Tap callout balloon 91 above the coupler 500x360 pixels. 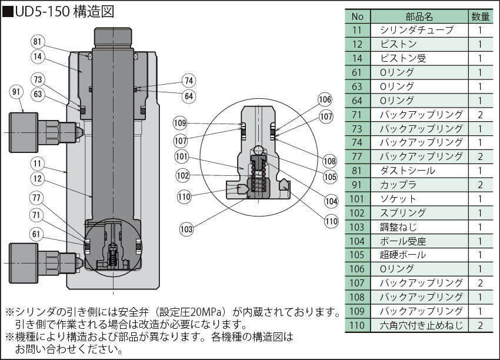click(16, 91)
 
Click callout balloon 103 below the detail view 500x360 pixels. click(187, 228)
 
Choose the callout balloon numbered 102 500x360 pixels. click(183, 175)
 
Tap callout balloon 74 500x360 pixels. click(188, 81)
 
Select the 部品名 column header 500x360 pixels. click(419, 16)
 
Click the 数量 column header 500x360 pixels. click(480, 16)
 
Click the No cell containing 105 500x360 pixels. click(358, 255)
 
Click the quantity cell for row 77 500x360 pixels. click(480, 156)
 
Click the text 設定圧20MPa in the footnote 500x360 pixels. click(196, 312)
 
